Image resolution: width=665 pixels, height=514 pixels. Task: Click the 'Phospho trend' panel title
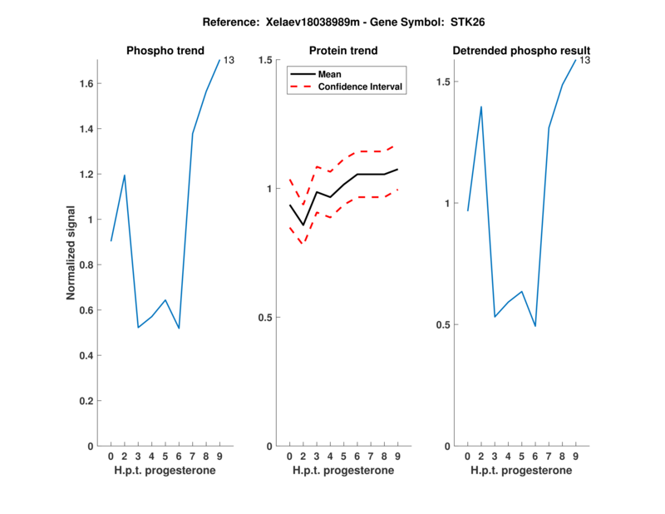click(x=165, y=52)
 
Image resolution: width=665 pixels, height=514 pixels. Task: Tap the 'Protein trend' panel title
click(x=343, y=52)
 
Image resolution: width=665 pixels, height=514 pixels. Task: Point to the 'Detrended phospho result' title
click(x=521, y=52)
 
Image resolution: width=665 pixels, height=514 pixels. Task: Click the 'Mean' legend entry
click(x=330, y=74)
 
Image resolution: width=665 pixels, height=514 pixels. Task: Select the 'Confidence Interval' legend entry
click(x=361, y=86)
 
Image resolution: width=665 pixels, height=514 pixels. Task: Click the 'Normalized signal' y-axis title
click(x=71, y=253)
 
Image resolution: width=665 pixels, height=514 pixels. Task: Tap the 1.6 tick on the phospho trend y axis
click(x=86, y=83)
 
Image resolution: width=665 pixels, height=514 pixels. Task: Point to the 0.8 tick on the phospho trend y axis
click(x=86, y=264)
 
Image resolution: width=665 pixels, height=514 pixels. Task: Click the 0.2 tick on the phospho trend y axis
click(x=86, y=401)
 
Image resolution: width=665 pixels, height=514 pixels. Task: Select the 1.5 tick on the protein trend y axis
click(x=265, y=60)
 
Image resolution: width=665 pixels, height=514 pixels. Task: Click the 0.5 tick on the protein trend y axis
click(x=265, y=318)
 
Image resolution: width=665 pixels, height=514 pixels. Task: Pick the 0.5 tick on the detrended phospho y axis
click(x=444, y=325)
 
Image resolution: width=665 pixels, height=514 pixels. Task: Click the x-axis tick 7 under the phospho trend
click(x=193, y=457)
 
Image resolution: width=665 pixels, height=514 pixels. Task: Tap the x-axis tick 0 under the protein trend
click(x=289, y=457)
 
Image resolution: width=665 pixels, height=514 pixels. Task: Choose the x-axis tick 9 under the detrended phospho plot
click(x=575, y=457)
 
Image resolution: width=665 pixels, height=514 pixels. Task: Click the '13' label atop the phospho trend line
click(x=229, y=60)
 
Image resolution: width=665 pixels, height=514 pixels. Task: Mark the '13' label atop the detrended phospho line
click(x=585, y=60)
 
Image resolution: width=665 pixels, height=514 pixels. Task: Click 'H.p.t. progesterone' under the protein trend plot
click(x=343, y=471)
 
